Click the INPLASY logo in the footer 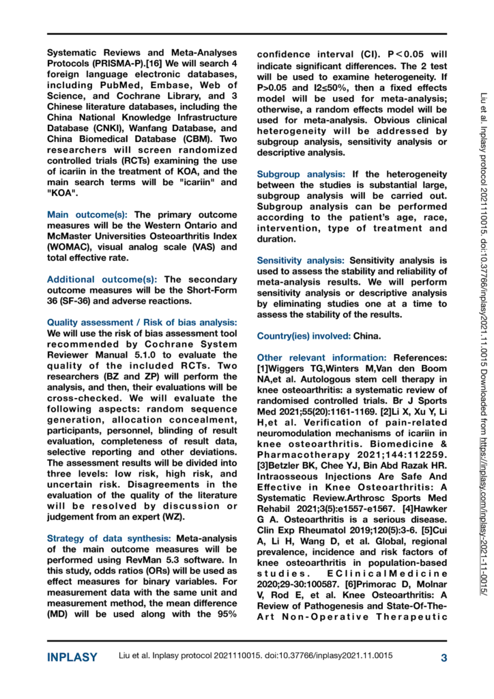pos(72,657)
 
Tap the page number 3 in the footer pos(443,657)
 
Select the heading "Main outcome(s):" pos(89,214)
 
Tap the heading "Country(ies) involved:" pos(304,336)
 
